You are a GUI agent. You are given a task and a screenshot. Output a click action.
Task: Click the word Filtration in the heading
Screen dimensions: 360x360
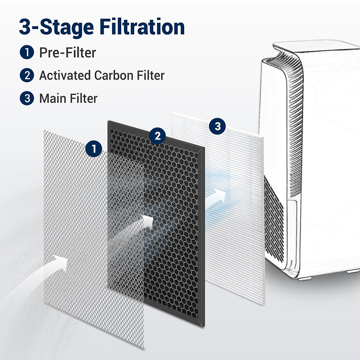click(142, 27)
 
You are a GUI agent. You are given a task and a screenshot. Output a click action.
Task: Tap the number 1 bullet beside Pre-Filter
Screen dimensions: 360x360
click(27, 52)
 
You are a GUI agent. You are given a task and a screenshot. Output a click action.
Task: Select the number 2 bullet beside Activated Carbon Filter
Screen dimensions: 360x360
click(27, 75)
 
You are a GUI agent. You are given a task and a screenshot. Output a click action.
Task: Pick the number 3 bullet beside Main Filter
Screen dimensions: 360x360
click(27, 98)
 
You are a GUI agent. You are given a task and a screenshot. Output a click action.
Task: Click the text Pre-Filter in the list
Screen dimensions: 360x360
click(68, 53)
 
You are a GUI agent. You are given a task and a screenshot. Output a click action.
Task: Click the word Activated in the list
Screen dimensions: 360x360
click(65, 75)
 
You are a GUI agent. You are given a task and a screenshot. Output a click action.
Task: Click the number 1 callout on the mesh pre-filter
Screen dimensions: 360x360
click(94, 149)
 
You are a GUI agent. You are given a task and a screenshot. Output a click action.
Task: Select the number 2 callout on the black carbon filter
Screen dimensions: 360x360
click(157, 136)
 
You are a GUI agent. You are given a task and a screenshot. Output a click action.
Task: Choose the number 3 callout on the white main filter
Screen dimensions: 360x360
click(217, 126)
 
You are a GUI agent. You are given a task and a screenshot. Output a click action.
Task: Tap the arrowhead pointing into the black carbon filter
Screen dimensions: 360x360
click(147, 221)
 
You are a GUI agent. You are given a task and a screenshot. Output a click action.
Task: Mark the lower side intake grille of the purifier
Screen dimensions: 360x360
click(274, 220)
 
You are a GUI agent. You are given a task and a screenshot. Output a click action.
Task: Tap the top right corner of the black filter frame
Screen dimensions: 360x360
click(204, 148)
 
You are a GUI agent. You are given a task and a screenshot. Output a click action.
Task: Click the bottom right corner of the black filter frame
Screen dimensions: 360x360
click(204, 327)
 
